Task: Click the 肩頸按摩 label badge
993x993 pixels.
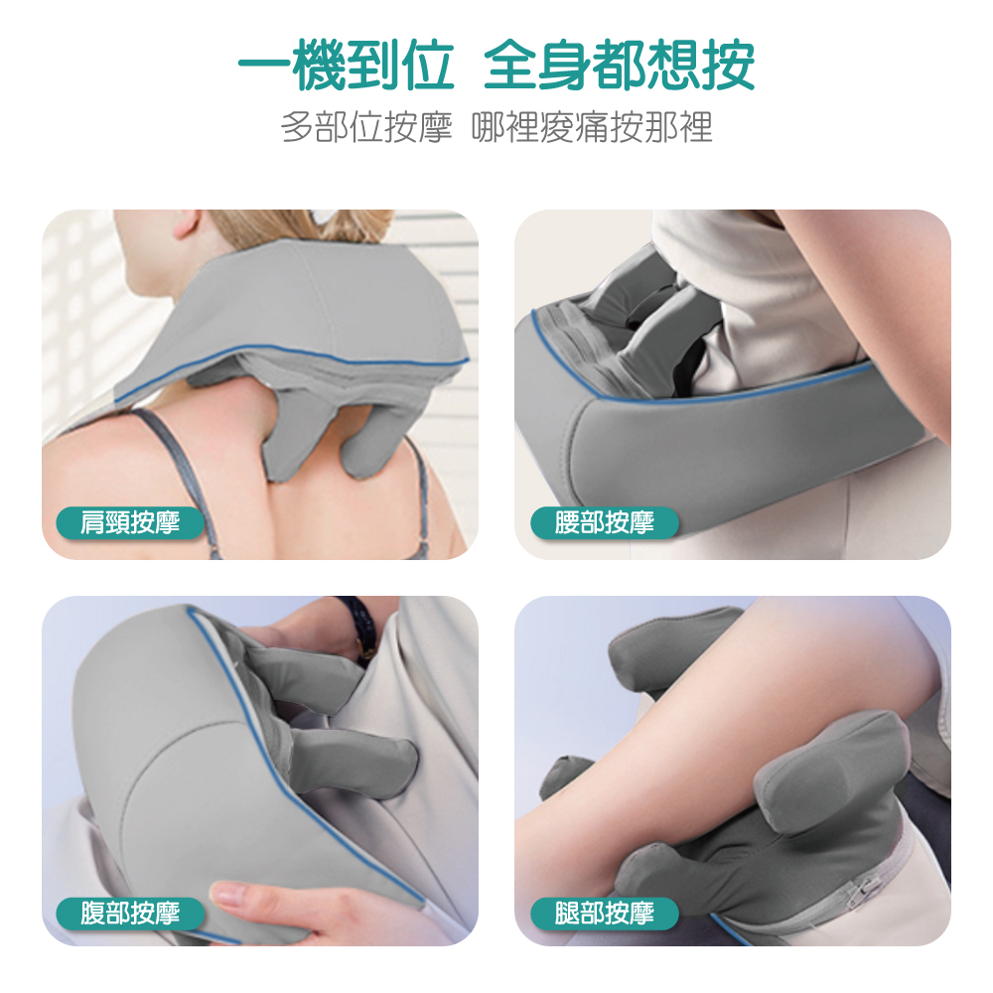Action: click(130, 523)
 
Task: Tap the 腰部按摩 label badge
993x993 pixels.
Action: click(604, 523)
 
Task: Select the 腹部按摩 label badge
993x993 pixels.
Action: click(130, 914)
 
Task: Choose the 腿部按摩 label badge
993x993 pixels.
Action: click(604, 914)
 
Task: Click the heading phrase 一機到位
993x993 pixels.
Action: click(346, 66)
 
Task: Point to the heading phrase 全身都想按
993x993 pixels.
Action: click(619, 66)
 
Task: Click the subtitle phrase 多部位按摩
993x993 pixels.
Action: click(366, 127)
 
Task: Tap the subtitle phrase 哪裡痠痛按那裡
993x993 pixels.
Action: click(592, 127)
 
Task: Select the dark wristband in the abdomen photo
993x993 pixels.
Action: click(357, 624)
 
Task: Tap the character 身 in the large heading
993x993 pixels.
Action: click(565, 66)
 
